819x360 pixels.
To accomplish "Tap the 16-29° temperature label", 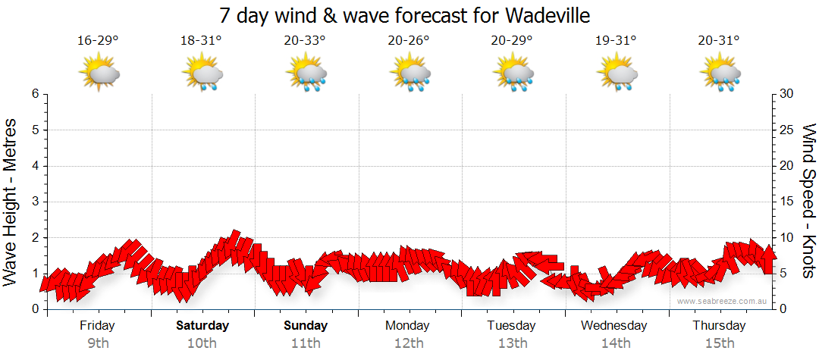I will pos(99,41).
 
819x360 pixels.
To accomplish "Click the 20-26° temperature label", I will pos(409,41).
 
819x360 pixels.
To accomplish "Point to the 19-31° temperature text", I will pos(616,41).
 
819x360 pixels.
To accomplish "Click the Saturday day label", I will pos(202,326).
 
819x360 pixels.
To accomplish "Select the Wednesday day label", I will pos(614,326).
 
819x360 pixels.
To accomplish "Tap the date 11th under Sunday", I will pos(306,343).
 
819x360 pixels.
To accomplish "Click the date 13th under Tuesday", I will pos(513,343).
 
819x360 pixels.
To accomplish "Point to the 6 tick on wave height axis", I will pos(34,94).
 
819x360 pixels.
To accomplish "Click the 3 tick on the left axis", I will pos(34,202).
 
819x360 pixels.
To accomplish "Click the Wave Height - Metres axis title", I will pos(11,201).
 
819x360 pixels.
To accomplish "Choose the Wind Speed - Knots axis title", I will pos(808,201).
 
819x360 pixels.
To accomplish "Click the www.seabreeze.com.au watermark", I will pos(723,301).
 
